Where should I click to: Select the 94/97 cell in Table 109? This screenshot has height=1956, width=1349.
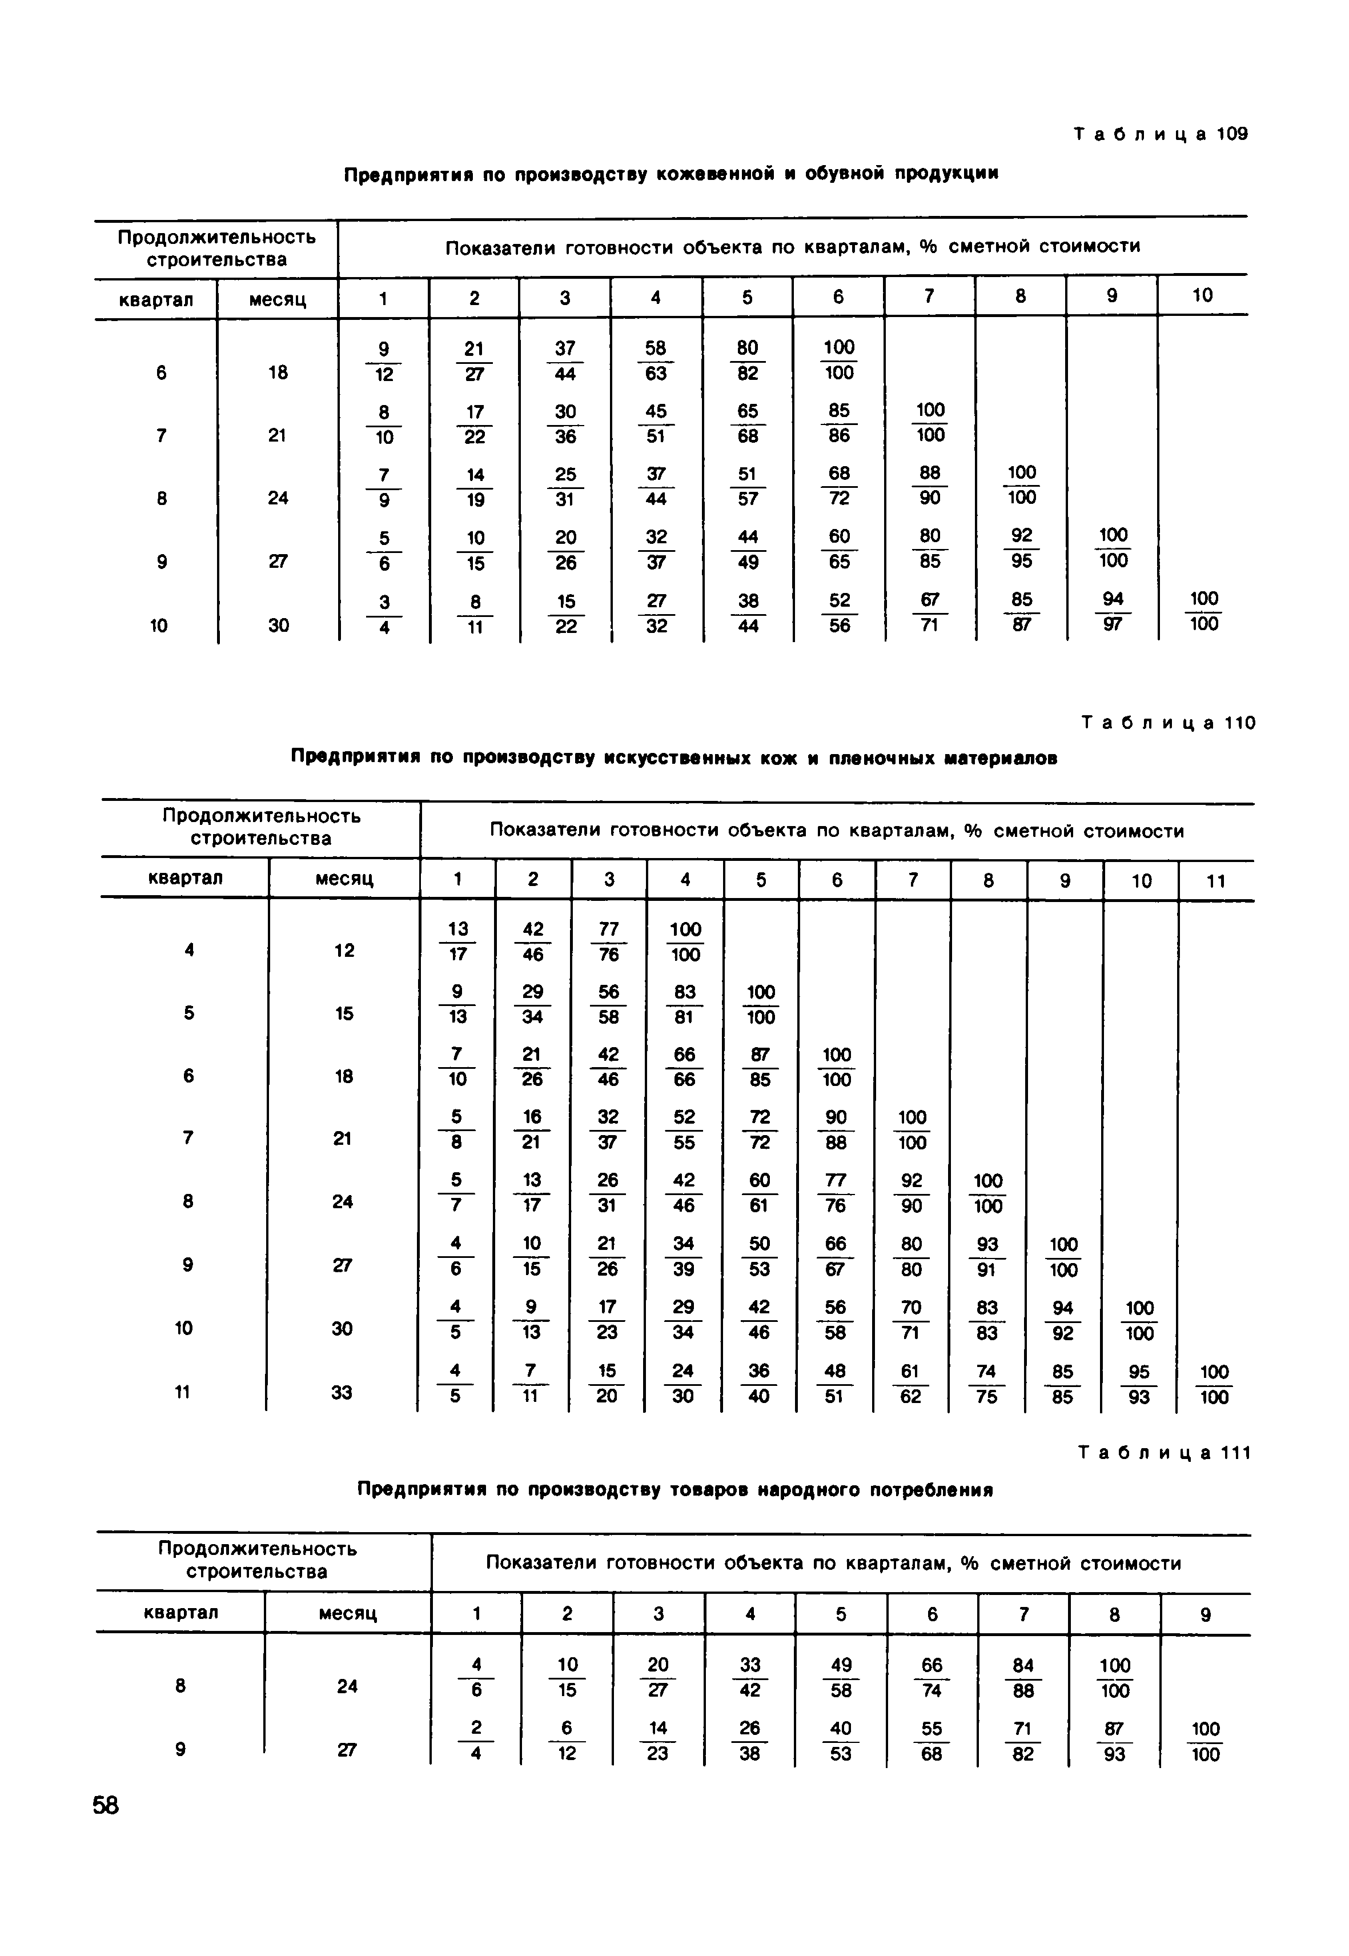(x=1113, y=611)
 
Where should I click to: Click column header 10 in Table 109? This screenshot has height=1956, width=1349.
(x=1202, y=295)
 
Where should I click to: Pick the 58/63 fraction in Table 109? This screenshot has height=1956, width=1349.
(x=655, y=360)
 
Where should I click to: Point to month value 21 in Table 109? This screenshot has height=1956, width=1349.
(x=277, y=435)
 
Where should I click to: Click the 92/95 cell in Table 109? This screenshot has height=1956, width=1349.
(x=1021, y=548)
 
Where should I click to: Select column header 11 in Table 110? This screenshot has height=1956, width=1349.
(x=1215, y=881)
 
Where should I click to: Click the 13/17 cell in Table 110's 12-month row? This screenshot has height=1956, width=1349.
(x=457, y=941)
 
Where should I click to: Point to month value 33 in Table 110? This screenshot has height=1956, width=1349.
(x=342, y=1392)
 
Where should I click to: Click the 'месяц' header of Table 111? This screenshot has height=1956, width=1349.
(x=347, y=1613)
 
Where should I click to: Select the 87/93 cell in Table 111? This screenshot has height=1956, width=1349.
(x=1114, y=1741)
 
